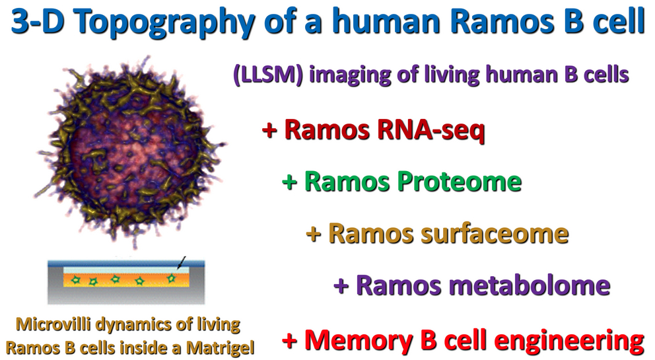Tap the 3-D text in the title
click(38, 21)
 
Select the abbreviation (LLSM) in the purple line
click(268, 75)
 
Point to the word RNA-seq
click(431, 129)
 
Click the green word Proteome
click(459, 182)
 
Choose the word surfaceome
click(494, 233)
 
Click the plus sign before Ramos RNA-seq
click(269, 129)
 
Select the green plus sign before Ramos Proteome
click(289, 182)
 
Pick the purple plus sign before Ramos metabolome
click(341, 286)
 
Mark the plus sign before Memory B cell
click(289, 340)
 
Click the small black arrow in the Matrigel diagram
click(182, 263)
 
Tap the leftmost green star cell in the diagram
click(75, 279)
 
